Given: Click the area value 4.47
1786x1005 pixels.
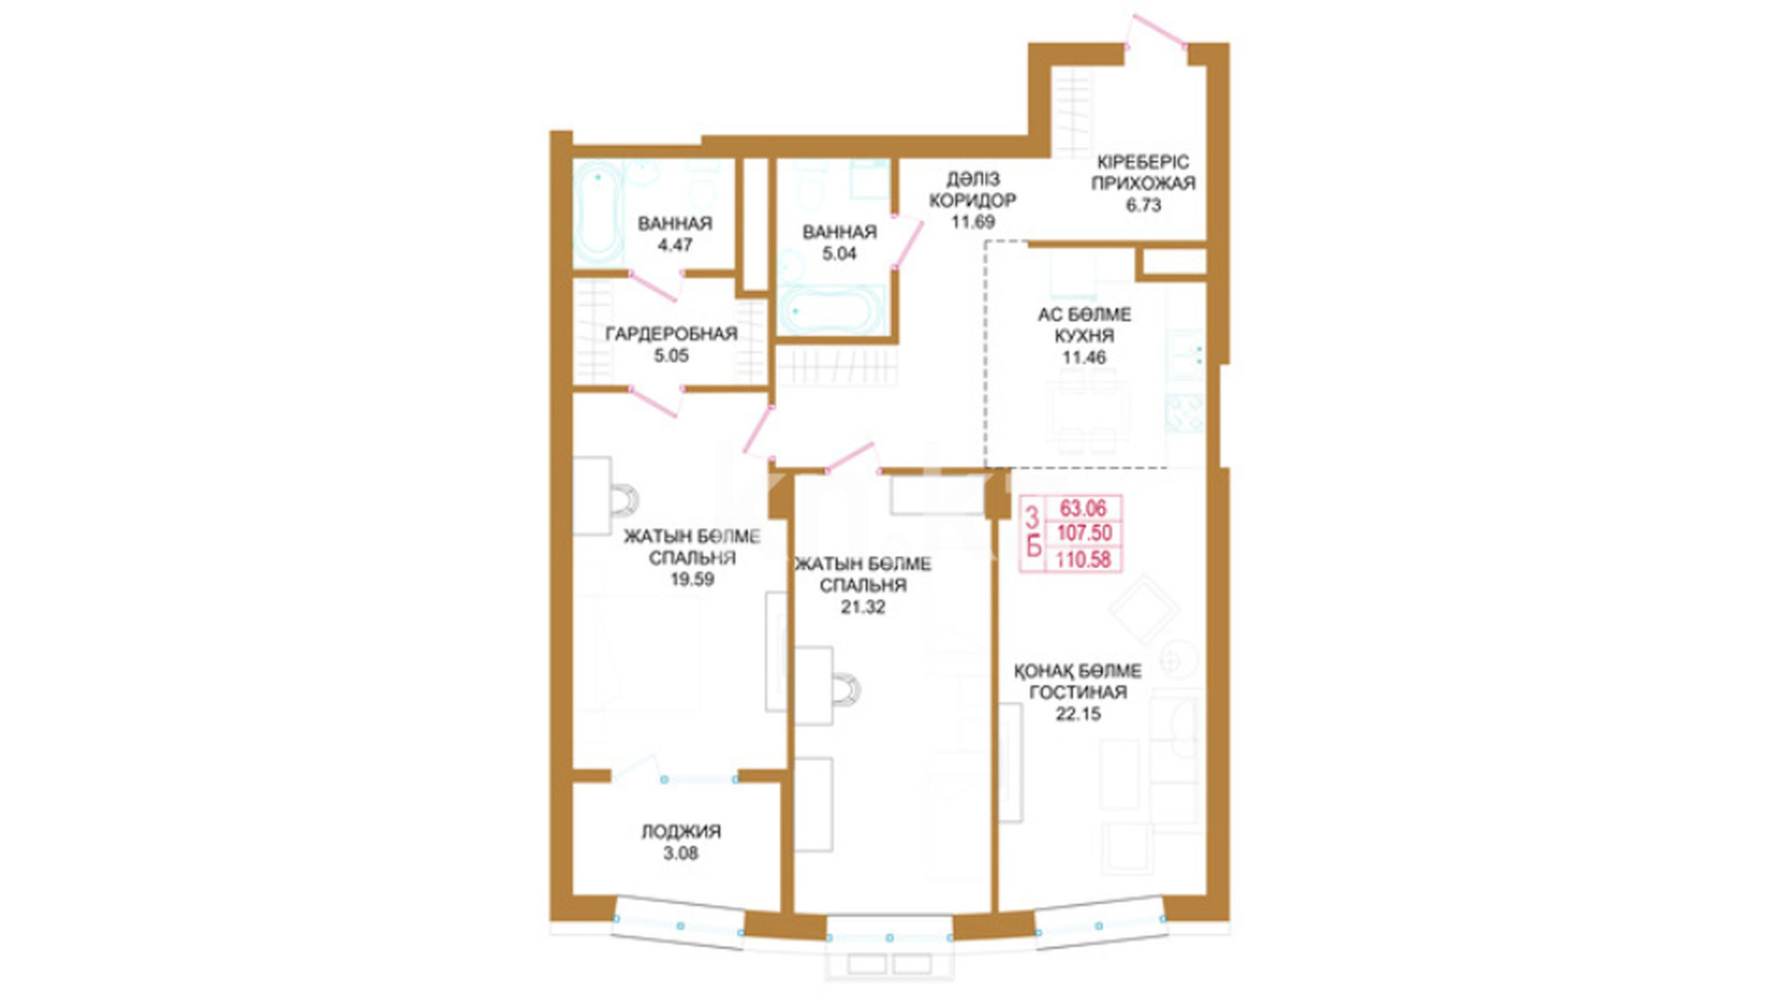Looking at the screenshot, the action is pyautogui.click(x=674, y=245).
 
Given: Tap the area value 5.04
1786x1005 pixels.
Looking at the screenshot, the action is pyautogui.click(x=839, y=253).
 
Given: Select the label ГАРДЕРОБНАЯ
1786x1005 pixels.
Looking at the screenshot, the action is pyautogui.click(x=671, y=333).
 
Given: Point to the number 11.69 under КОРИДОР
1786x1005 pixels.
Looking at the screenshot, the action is pyautogui.click(x=973, y=221).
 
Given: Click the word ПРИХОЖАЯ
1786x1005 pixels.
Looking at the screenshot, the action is pyautogui.click(x=1143, y=183).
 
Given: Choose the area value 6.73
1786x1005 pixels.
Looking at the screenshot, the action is pyautogui.click(x=1143, y=205).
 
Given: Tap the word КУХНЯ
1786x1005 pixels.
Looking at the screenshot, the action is pyautogui.click(x=1085, y=335).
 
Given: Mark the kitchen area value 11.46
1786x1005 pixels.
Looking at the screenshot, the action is pyautogui.click(x=1085, y=357).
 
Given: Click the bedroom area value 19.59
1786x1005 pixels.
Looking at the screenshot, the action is pyautogui.click(x=692, y=579).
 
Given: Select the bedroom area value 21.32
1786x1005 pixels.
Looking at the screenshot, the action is pyautogui.click(x=863, y=607).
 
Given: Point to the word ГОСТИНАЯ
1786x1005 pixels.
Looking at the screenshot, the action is pyautogui.click(x=1078, y=691).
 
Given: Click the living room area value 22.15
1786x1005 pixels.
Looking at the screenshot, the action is pyautogui.click(x=1078, y=714).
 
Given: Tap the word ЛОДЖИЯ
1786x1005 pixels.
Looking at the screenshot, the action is pyautogui.click(x=681, y=831).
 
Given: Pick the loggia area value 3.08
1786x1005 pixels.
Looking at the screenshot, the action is pyautogui.click(x=681, y=853).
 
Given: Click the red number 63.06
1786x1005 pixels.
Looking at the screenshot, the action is pyautogui.click(x=1084, y=508).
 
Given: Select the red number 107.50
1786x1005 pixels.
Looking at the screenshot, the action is pyautogui.click(x=1085, y=533).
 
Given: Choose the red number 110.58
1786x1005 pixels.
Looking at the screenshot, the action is pyautogui.click(x=1085, y=559).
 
